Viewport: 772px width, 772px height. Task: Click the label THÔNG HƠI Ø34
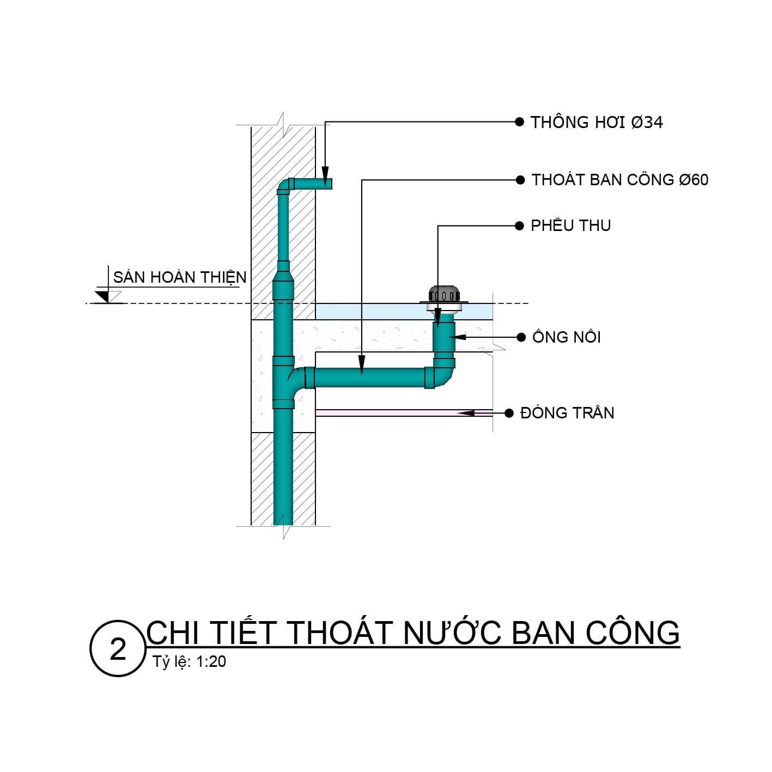(597, 122)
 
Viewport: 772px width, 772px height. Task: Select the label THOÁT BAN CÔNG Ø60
(619, 180)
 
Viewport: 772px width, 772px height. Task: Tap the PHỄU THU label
(570, 226)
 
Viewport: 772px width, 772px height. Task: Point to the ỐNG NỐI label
(567, 337)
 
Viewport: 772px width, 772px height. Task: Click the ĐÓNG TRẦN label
(567, 413)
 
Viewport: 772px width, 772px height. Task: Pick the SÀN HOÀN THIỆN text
(179, 277)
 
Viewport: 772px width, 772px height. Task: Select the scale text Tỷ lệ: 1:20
(189, 662)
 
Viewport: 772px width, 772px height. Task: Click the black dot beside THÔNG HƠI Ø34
(519, 121)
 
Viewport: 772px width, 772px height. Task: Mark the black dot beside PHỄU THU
(519, 226)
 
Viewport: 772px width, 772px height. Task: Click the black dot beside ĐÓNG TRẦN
(509, 413)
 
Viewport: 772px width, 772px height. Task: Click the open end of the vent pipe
(329, 184)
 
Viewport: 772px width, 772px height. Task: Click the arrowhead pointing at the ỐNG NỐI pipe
(457, 337)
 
